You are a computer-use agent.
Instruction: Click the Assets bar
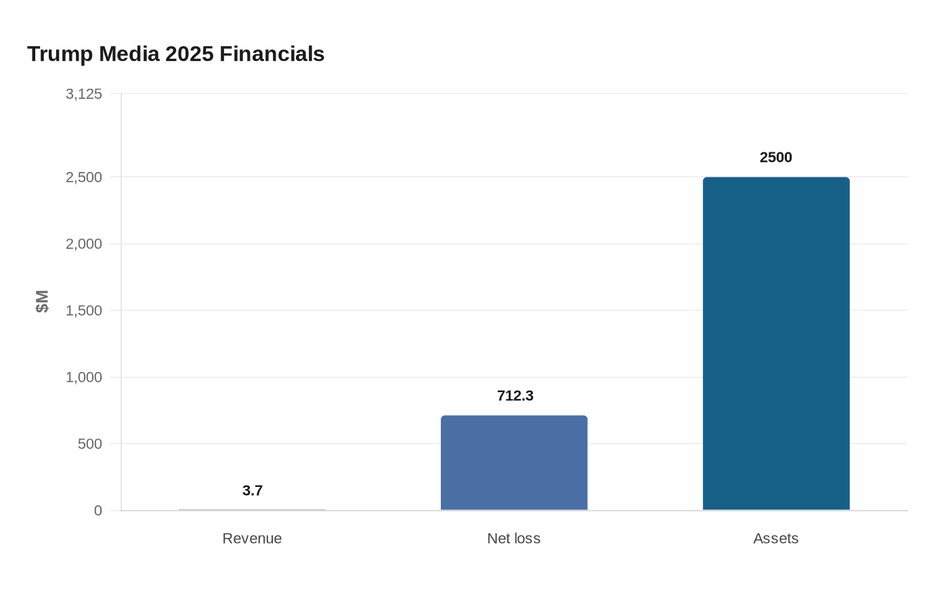[776, 343]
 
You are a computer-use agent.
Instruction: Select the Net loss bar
[514, 463]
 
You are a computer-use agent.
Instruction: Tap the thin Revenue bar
[252, 509]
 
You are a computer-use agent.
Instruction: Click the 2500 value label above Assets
[776, 157]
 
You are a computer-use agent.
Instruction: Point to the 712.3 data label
[515, 396]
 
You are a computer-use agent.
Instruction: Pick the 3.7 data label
[253, 490]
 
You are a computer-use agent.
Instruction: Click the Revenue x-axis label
[252, 538]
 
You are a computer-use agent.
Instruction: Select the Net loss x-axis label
[514, 538]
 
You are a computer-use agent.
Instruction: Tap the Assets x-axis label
[776, 538]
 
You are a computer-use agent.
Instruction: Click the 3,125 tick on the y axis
[84, 94]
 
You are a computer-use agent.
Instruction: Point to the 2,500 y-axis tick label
[84, 177]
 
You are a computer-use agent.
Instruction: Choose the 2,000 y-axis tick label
[84, 244]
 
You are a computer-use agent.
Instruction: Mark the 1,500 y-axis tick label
[84, 311]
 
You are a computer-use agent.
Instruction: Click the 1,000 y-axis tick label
[84, 377]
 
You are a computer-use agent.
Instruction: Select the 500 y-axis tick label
[89, 444]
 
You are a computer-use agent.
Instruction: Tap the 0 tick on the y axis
[98, 511]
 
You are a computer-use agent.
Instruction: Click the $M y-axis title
[42, 301]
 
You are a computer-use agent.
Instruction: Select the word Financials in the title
[272, 54]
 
